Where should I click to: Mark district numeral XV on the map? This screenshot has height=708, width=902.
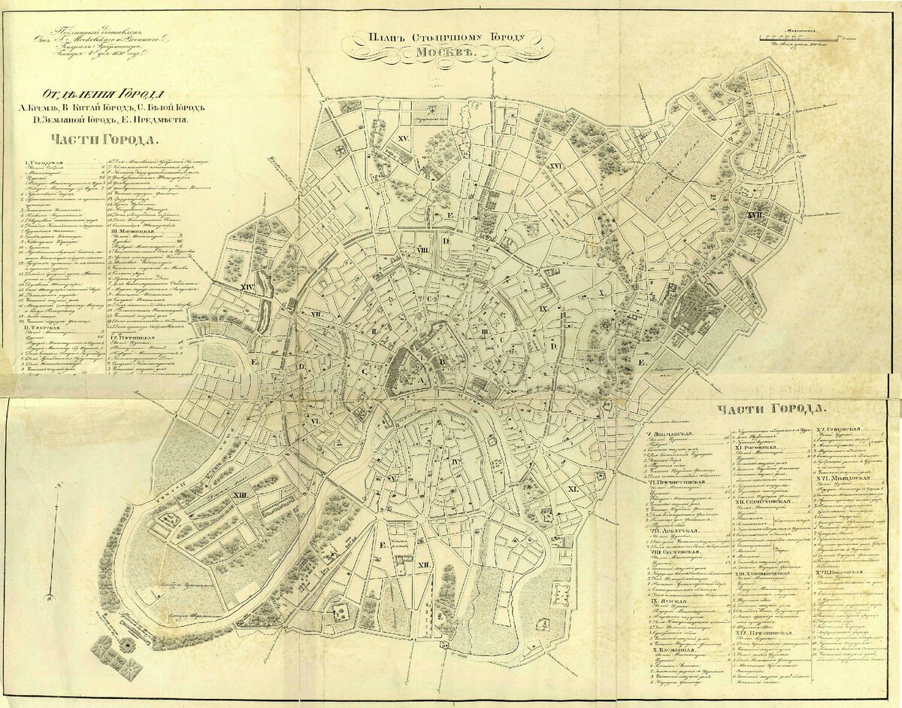point(403,139)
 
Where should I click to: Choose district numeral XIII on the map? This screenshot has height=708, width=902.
point(241,495)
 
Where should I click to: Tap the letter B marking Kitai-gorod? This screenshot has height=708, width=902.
point(443,362)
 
